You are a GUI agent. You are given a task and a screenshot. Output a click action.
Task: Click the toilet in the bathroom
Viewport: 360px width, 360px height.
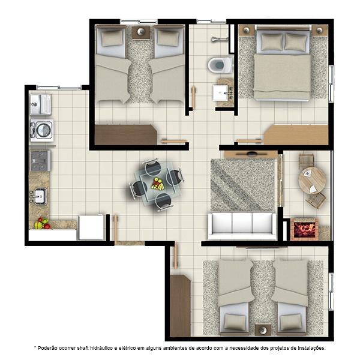click(220, 65)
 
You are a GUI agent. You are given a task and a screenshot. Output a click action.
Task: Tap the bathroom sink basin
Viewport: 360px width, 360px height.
click(220, 93)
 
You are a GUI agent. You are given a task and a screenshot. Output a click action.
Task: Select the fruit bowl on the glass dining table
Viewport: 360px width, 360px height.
click(158, 184)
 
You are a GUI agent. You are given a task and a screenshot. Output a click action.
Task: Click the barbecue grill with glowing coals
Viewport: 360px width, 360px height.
click(304, 229)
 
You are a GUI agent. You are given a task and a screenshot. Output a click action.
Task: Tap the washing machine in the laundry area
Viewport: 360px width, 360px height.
click(42, 130)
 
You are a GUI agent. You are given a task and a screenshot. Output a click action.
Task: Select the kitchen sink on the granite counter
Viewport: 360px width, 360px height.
click(39, 196)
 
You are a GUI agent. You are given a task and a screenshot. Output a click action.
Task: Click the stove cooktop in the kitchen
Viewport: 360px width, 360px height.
click(40, 160)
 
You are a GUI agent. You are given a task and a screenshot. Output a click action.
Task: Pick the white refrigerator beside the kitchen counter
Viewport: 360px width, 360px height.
click(91, 227)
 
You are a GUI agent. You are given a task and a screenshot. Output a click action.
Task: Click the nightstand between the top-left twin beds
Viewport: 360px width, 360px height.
click(140, 32)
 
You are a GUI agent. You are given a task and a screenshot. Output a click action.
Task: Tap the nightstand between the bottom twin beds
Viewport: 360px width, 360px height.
click(263, 330)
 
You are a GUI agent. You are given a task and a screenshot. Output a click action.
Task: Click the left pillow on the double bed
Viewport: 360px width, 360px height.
click(272, 42)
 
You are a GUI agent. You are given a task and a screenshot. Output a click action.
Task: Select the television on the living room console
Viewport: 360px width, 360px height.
click(251, 153)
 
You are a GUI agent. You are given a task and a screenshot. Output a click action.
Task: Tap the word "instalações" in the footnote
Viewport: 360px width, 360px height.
click(311, 348)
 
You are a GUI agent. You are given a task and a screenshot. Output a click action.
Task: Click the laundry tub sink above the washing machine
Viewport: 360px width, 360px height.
click(41, 104)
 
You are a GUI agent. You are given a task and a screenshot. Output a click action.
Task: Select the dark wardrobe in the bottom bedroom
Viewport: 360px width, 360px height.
click(180, 305)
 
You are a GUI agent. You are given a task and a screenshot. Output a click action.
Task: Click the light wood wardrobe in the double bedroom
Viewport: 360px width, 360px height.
click(296, 134)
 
